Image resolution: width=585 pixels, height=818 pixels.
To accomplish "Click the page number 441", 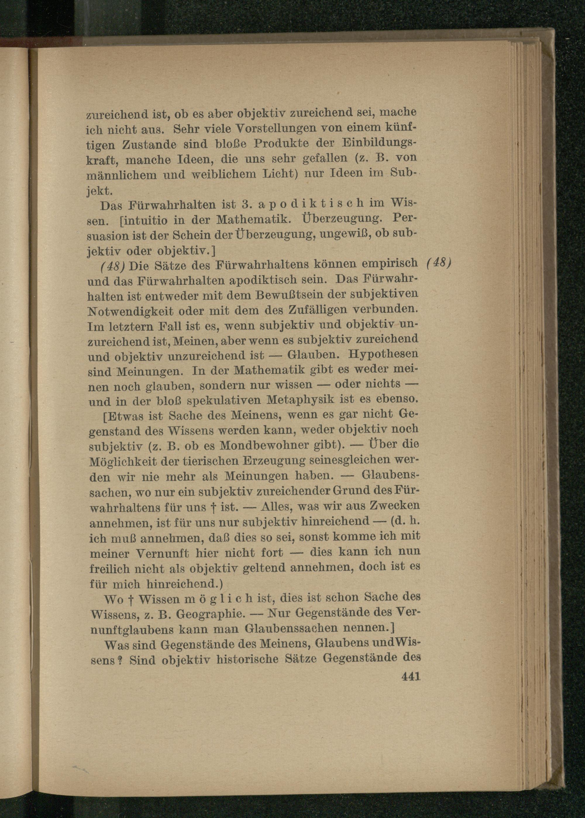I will (x=411, y=677).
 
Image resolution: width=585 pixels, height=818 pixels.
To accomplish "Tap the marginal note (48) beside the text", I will (x=438, y=263).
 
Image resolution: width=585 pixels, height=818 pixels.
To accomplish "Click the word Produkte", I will (x=281, y=143).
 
